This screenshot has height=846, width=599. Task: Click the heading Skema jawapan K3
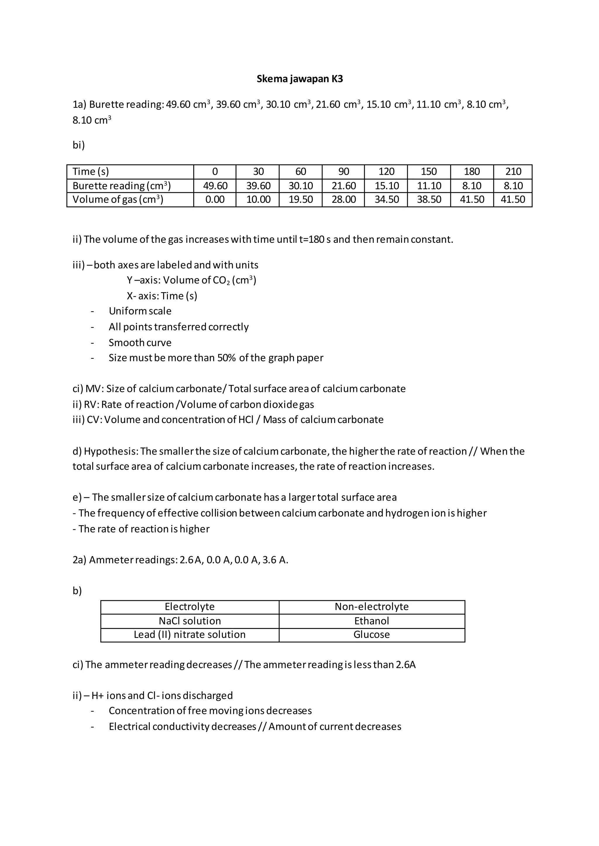tap(299, 79)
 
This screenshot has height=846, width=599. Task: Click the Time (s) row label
tap(91, 172)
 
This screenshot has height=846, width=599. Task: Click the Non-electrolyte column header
tap(371, 606)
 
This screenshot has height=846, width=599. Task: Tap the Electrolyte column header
tap(190, 606)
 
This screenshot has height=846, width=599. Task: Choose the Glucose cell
tap(371, 634)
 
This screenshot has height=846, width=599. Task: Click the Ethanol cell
tap(371, 621)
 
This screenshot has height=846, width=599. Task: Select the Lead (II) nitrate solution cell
tap(190, 634)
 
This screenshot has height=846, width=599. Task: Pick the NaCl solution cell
tap(190, 621)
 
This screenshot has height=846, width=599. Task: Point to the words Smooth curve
tap(140, 343)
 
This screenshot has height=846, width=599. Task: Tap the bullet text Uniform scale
tap(140, 311)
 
